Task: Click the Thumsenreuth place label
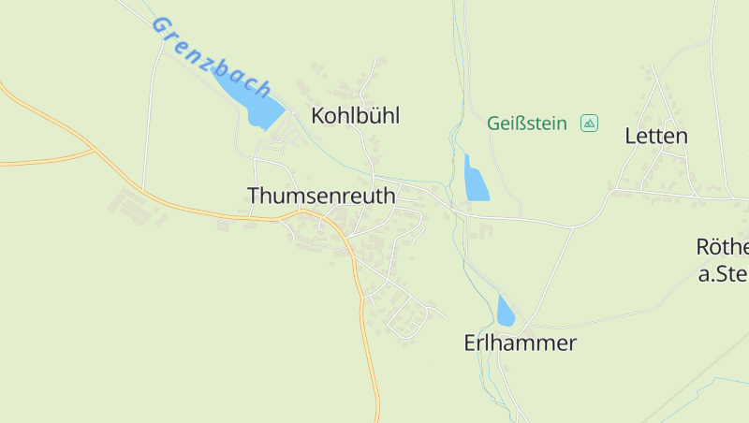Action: [321, 196]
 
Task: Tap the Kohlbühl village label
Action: [356, 116]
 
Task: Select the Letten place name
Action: [656, 136]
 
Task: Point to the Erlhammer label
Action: [520, 343]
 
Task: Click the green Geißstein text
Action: [527, 123]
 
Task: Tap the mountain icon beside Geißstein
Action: [589, 123]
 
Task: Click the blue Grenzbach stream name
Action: [212, 57]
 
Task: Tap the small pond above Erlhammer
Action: [506, 312]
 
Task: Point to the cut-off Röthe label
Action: [723, 247]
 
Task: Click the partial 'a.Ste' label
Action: [724, 274]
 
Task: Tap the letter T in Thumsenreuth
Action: [254, 196]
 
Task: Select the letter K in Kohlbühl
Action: [318, 116]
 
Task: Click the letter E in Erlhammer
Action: [471, 343]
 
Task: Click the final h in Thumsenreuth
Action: [389, 196]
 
